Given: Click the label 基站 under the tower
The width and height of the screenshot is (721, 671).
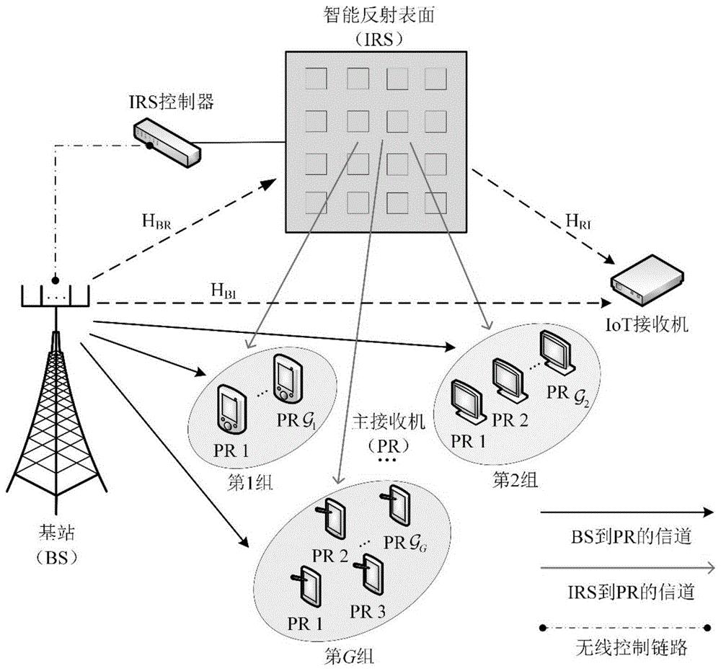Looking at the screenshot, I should click(x=55, y=535).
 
